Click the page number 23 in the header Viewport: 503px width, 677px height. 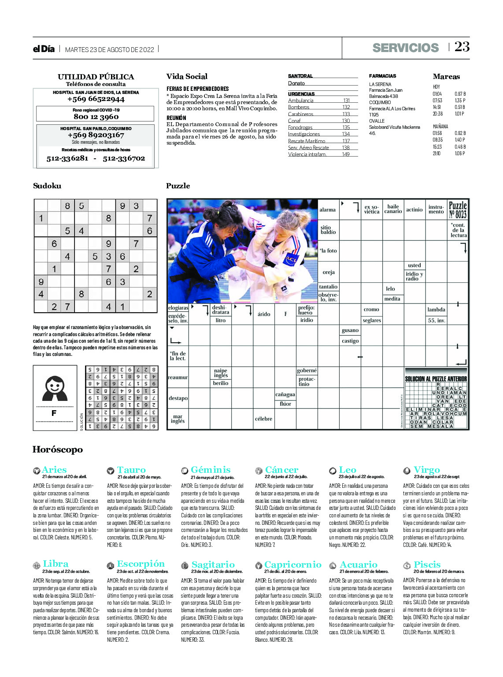[462, 47]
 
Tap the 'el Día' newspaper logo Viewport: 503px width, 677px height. [44, 49]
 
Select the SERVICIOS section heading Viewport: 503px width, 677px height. [405, 48]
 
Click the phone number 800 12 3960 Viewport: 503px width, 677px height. [96, 116]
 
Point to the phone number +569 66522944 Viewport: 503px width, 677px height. [96, 99]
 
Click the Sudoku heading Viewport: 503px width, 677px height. [47, 186]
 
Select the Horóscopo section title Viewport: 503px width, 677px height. [58, 449]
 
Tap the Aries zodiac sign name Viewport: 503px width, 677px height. [54, 470]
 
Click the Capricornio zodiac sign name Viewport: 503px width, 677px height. [292, 565]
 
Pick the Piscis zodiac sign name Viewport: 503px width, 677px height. [427, 565]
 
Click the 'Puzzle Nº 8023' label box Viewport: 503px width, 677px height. [458, 209]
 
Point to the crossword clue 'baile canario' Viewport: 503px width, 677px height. [393, 209]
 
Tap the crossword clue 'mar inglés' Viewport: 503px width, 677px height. [178, 419]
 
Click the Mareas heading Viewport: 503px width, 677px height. [446, 76]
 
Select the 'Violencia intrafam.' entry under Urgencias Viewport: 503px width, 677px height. [307, 154]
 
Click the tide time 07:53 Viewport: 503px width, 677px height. [437, 101]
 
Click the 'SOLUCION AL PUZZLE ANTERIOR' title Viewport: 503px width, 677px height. [436, 379]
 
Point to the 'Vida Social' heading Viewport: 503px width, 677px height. [187, 76]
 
